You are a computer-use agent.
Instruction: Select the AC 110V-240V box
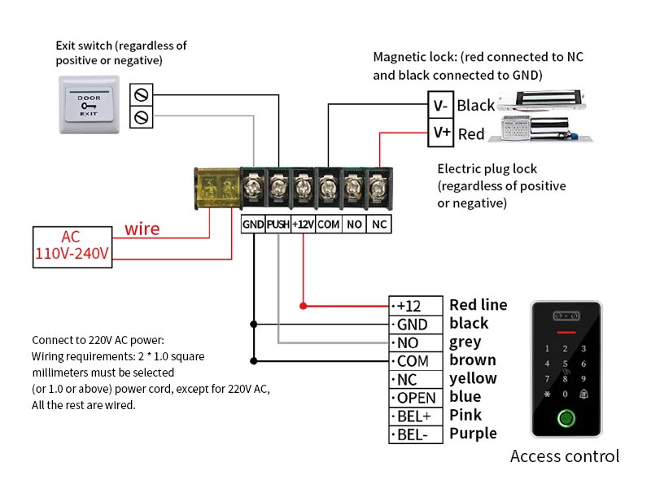tap(71, 246)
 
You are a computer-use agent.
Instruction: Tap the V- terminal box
tap(440, 105)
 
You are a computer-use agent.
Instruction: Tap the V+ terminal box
tap(441, 133)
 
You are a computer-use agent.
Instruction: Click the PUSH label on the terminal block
tap(277, 224)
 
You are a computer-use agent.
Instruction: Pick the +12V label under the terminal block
tap(303, 224)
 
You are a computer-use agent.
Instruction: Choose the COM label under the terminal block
tap(328, 224)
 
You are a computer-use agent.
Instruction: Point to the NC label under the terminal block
tap(378, 224)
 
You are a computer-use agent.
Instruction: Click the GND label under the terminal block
tap(253, 224)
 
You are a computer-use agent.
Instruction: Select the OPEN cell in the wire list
tap(416, 398)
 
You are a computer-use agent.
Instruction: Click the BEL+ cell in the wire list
tap(416, 416)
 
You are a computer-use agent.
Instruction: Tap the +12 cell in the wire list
tap(416, 306)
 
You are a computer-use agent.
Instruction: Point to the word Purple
tap(473, 434)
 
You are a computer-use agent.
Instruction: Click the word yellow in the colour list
tap(473, 378)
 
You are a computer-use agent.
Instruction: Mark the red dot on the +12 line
tap(303, 306)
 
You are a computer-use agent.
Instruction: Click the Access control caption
tap(565, 456)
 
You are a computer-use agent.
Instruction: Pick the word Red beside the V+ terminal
tap(471, 134)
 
